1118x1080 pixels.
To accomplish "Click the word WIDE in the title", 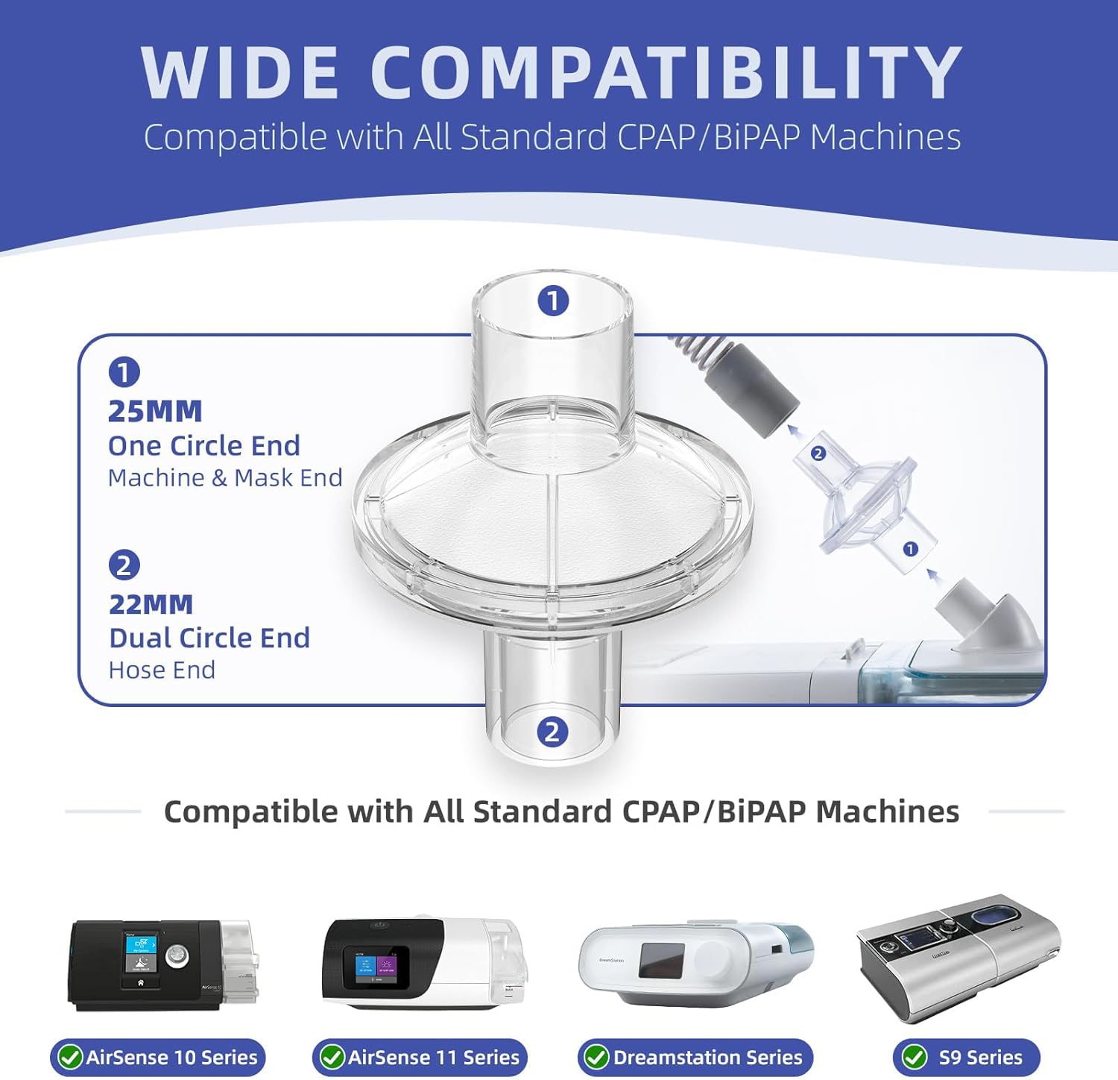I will (240, 72).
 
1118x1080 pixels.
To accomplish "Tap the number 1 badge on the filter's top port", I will (553, 301).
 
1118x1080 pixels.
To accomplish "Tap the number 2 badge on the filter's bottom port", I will (552, 732).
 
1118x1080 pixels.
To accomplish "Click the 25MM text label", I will (155, 411).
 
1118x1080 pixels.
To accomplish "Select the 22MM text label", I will (151, 604).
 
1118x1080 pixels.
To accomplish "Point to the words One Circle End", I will (204, 445).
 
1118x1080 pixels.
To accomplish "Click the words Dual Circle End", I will (209, 638).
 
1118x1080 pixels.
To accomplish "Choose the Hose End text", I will (162, 670).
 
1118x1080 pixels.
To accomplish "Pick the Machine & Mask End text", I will (225, 477).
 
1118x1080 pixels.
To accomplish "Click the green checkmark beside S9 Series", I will (915, 1057).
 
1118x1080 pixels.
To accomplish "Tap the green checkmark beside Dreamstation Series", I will (596, 1057).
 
